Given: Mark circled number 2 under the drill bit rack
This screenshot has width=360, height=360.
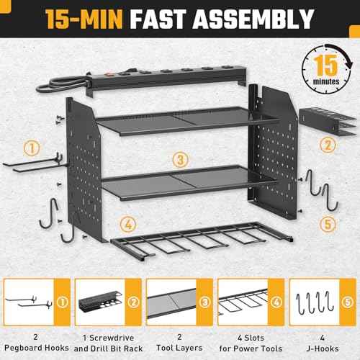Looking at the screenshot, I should click(328, 143).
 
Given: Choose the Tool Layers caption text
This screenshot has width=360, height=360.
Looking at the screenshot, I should click(177, 341).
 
